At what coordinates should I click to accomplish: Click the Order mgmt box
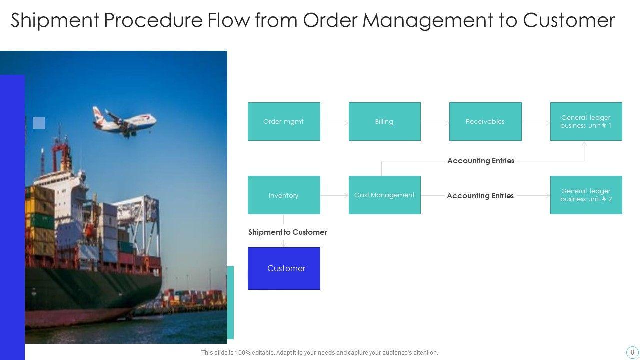284,121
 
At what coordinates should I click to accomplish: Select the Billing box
384,121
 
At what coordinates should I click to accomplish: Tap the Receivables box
485,121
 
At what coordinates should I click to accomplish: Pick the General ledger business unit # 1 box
586,121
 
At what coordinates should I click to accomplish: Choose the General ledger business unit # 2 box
586,195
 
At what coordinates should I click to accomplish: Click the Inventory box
284,195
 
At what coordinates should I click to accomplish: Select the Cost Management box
384,195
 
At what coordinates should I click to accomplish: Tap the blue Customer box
284,268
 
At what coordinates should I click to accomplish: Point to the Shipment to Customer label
288,232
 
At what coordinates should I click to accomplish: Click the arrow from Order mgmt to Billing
334,123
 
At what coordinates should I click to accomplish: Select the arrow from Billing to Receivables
435,123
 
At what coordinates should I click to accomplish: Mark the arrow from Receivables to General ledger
536,123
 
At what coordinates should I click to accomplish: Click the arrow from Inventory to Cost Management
334,195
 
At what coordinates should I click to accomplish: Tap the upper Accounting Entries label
480,161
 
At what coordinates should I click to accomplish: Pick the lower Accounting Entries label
480,196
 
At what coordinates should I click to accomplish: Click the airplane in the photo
124,120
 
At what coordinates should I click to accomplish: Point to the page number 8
632,352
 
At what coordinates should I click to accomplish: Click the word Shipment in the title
54,20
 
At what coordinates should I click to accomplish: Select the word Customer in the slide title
569,20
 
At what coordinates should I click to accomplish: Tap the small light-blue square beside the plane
39,123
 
